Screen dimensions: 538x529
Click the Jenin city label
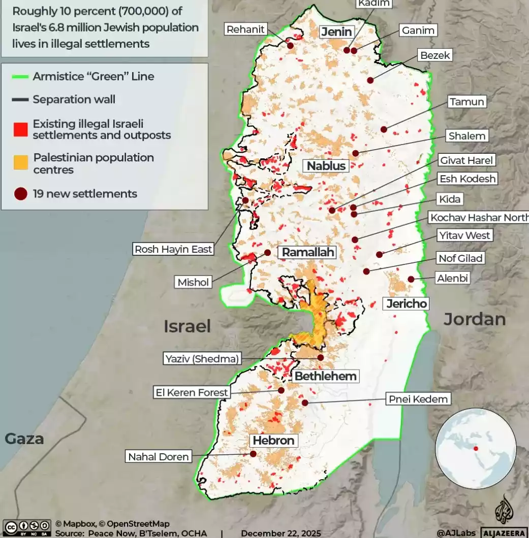[336, 32]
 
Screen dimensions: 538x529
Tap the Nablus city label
[326, 165]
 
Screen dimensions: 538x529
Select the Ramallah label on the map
[308, 252]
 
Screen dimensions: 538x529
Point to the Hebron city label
[273, 441]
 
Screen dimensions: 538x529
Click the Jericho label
[407, 304]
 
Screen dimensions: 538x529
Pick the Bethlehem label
[325, 376]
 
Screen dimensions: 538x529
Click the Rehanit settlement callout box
[246, 29]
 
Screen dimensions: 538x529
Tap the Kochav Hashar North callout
[479, 218]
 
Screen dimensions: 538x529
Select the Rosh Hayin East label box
[173, 249]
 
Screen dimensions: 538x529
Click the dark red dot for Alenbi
[411, 279]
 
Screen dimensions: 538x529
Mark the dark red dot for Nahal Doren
[253, 454]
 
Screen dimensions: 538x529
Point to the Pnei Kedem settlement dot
[305, 402]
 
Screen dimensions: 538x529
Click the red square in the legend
[20, 129]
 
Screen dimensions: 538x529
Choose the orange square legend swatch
[20, 163]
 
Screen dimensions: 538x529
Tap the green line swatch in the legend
[20, 77]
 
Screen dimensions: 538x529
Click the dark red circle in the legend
[20, 194]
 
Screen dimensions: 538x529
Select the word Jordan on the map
[475, 319]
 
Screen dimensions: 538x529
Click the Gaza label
[24, 439]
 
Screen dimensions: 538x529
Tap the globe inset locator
[476, 448]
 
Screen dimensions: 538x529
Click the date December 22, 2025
[281, 533]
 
